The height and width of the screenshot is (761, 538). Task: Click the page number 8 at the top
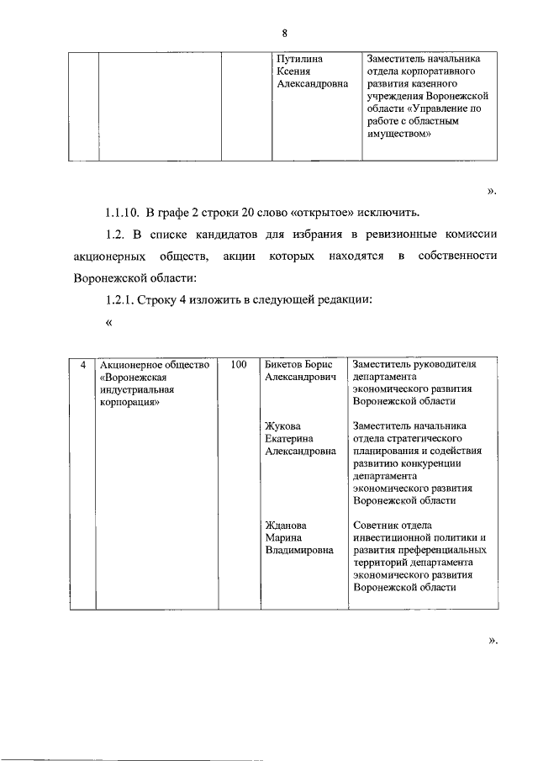click(285, 34)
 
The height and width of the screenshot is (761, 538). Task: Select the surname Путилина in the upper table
click(300, 60)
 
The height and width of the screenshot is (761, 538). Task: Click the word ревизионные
click(397, 233)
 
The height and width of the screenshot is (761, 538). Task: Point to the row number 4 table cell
click(82, 365)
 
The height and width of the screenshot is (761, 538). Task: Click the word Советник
click(377, 525)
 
